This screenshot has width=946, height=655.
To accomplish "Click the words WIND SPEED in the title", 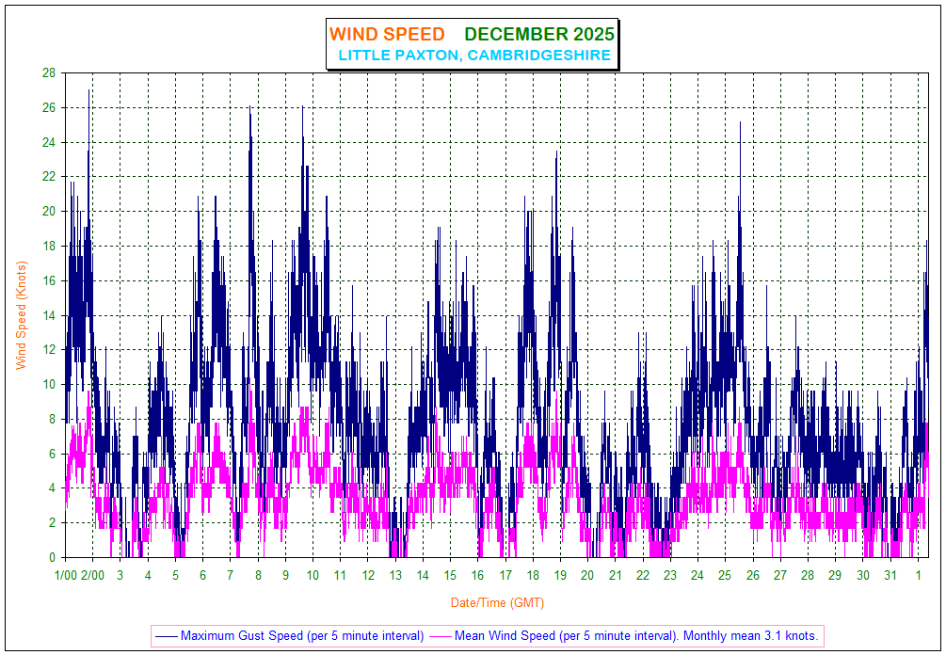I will (x=387, y=35).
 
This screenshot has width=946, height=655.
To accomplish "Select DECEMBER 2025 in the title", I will (x=539, y=35).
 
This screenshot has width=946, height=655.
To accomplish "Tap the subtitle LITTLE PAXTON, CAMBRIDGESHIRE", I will (x=474, y=56).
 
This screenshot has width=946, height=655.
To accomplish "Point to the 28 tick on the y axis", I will (x=49, y=73).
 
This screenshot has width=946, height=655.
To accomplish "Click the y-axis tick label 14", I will (x=49, y=315).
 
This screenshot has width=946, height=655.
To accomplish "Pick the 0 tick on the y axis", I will (x=53, y=557).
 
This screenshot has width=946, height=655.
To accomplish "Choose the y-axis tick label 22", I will (x=49, y=177).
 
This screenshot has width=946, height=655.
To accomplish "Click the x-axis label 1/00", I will (x=66, y=575).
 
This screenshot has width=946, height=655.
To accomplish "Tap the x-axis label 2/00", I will (x=92, y=575).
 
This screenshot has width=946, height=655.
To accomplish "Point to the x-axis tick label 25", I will (x=725, y=575).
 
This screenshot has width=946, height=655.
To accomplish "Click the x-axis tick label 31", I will (x=890, y=575).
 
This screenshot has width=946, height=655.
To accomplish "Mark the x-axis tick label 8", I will (x=258, y=575).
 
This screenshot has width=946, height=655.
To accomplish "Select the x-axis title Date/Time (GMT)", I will (x=497, y=602).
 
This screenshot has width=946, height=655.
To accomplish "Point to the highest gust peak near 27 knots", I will (x=89, y=90).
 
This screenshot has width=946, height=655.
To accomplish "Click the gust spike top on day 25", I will (x=740, y=122).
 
